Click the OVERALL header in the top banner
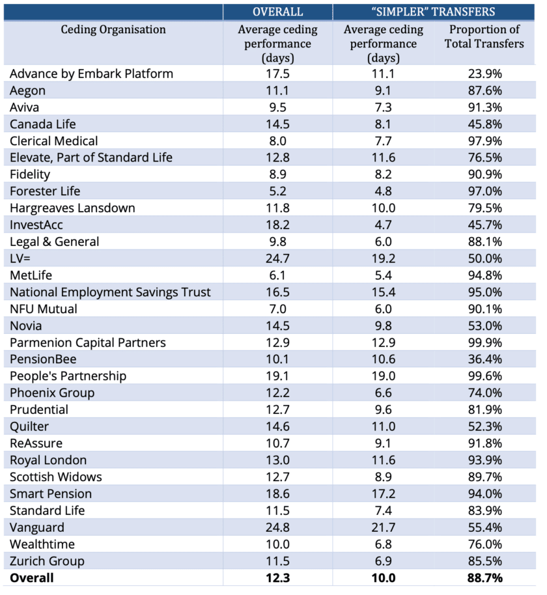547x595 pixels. [278, 12]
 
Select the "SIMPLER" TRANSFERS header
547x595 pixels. [433, 12]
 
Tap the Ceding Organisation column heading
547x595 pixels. [113, 29]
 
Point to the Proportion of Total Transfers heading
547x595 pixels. [484, 36]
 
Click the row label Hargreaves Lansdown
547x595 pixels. [72, 208]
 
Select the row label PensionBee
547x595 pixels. [43, 359]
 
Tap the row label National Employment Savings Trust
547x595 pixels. [110, 292]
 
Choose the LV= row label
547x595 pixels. [20, 258]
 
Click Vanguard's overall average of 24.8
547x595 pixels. [277, 527]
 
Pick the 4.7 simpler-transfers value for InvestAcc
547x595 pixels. [383, 225]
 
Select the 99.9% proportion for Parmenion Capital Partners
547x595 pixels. [484, 342]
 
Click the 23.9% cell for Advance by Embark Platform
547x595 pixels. [484, 74]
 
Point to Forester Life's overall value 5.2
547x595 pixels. [277, 191]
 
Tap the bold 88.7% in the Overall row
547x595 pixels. [484, 578]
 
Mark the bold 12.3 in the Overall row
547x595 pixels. [277, 578]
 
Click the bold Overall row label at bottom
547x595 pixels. [32, 578]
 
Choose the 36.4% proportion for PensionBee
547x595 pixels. [484, 359]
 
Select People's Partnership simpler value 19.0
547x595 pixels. [383, 376]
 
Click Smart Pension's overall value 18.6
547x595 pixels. [277, 493]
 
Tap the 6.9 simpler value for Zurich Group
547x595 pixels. [383, 561]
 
